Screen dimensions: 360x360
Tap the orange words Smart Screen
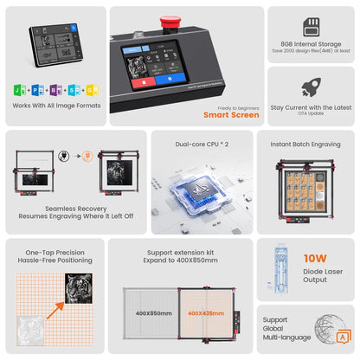click(x=231, y=114)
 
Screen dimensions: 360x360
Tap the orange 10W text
click(x=314, y=258)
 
